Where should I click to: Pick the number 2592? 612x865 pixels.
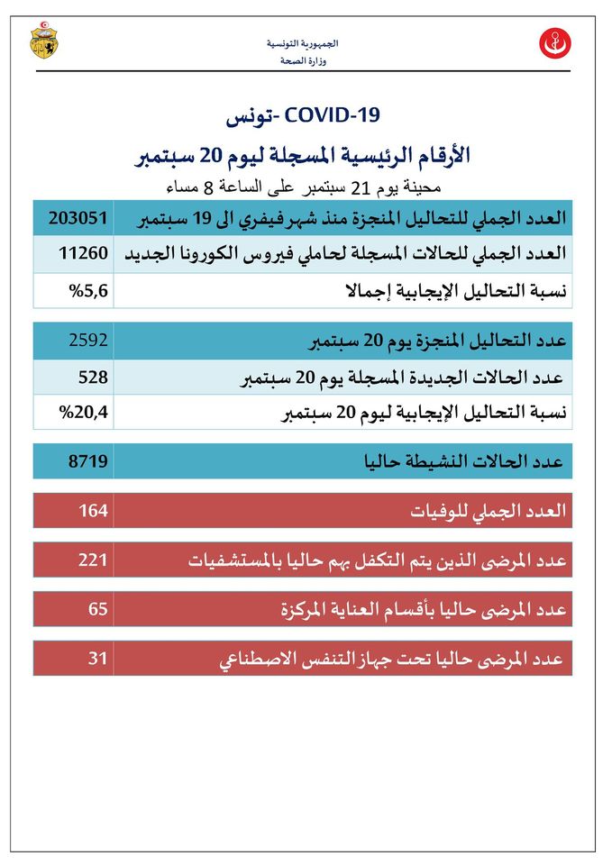tap(88, 341)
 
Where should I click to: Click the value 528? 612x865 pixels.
tap(93, 377)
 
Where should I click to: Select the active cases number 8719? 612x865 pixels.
tap(88, 461)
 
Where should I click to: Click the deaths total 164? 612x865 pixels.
tap(93, 510)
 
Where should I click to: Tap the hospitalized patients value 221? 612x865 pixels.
tap(93, 560)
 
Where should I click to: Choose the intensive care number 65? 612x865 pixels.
tap(97, 609)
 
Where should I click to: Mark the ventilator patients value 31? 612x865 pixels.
tap(97, 659)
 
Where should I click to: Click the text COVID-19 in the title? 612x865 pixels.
tap(333, 115)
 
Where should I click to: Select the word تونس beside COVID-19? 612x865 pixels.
tap(251, 116)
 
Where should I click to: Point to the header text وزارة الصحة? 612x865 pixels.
tap(304, 61)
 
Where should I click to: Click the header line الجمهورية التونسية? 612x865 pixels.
tap(304, 44)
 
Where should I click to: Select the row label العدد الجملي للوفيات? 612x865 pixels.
tap(488, 510)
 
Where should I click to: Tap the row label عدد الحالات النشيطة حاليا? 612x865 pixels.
tap(461, 461)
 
